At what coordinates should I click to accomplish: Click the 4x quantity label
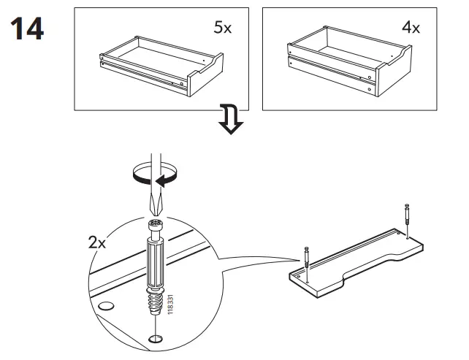point(411,28)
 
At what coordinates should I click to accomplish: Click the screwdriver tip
point(153,206)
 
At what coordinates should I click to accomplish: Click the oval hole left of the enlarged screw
point(105,306)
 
